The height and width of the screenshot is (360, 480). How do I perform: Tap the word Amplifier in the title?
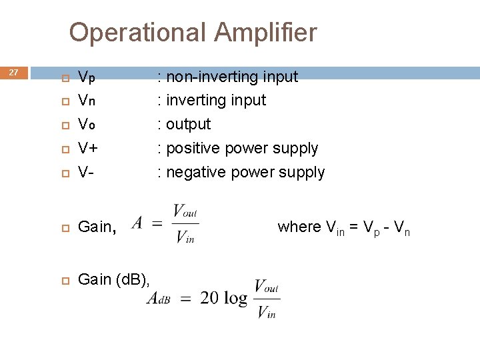click(266, 32)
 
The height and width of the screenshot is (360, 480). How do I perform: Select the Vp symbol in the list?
click(87, 77)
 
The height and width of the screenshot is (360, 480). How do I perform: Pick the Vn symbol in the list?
click(87, 101)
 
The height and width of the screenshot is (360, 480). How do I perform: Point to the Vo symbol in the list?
click(87, 125)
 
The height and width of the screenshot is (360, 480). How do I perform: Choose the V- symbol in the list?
click(85, 172)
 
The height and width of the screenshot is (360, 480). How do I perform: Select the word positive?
click(191, 149)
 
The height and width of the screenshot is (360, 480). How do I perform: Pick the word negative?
click(194, 173)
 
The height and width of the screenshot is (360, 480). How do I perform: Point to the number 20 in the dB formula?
click(209, 298)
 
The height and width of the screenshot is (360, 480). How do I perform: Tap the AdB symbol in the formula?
click(159, 299)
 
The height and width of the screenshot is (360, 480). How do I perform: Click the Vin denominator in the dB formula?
click(267, 311)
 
